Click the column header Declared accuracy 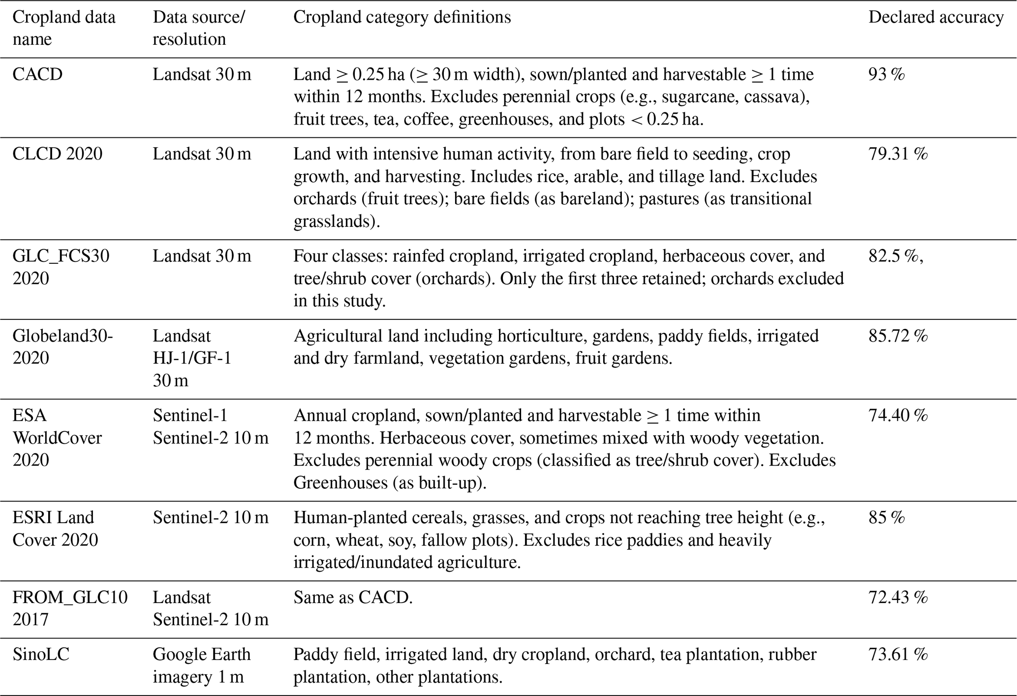click(935, 18)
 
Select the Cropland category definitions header click(402, 18)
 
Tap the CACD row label click(37, 75)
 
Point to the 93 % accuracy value click(887, 75)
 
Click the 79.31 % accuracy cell click(898, 155)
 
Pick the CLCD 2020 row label click(58, 155)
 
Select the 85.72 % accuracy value click(898, 336)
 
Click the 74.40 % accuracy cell click(898, 416)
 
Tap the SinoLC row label click(41, 655)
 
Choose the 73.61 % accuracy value click(898, 655)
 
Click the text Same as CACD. click(353, 598)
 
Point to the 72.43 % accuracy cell click(898, 598)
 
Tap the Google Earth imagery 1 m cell click(201, 665)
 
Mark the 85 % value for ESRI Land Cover click(887, 518)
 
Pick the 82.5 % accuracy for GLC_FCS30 click(894, 256)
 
